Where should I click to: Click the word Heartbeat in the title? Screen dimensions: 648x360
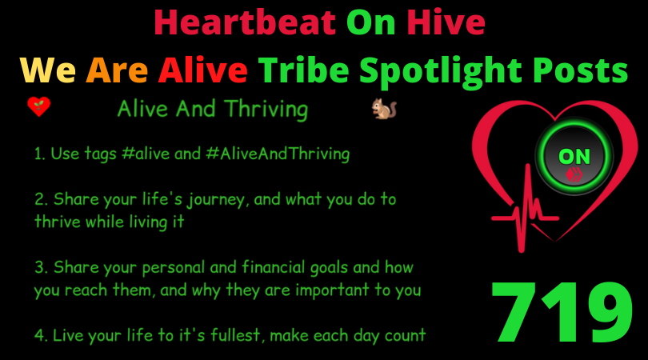[245, 22]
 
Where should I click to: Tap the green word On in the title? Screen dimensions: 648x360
[370, 22]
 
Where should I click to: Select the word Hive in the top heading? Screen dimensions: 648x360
[446, 22]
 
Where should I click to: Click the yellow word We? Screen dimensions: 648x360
[48, 70]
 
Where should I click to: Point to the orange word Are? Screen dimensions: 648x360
[117, 70]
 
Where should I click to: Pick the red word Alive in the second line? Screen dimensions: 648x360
[203, 70]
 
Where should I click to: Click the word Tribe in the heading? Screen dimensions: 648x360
[304, 70]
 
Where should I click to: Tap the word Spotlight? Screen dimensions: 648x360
[441, 73]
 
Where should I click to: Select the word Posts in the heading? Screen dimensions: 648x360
[580, 70]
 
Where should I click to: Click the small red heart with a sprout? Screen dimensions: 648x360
[39, 107]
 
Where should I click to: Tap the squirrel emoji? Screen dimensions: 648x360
[384, 109]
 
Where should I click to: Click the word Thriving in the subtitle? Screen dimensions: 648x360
[266, 110]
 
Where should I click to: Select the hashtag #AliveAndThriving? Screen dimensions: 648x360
[278, 154]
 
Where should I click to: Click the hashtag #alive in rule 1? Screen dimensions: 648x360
[146, 154]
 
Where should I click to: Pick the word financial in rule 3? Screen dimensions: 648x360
[274, 267]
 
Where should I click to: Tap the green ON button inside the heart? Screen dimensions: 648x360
[574, 157]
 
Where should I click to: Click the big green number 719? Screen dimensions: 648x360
[562, 313]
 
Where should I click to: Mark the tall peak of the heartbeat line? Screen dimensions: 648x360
[528, 166]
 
